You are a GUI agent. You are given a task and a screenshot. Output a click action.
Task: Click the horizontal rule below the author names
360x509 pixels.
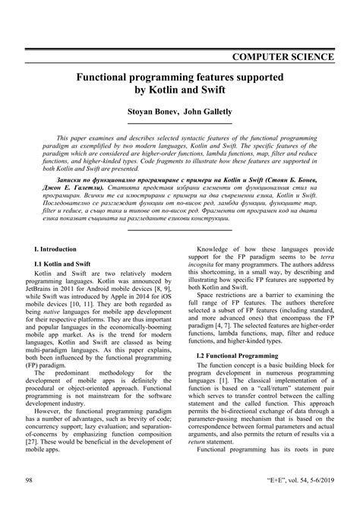(180, 123)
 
